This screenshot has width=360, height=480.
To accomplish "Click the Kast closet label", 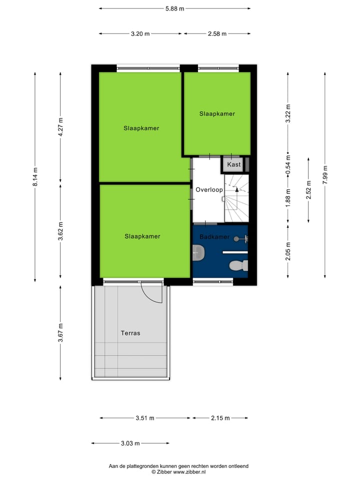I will [x=233, y=164].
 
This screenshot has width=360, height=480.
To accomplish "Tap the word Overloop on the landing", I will [x=209, y=190].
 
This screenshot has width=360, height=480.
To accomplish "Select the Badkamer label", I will [x=214, y=236].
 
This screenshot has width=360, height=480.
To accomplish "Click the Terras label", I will [x=130, y=333].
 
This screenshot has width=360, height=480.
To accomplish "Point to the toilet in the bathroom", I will [x=237, y=265].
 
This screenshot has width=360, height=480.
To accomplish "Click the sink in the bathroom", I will [x=198, y=253].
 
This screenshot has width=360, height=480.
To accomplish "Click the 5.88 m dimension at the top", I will [x=174, y=8].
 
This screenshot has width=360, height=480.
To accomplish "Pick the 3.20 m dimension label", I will [x=140, y=34].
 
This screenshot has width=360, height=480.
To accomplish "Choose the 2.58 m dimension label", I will [x=217, y=34].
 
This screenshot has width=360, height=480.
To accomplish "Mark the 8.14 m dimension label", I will [x=35, y=176].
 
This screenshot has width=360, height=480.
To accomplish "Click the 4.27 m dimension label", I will [x=60, y=127].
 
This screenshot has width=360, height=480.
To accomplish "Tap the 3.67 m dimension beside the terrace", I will [x=60, y=333].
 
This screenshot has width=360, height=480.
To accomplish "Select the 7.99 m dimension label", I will [x=325, y=175].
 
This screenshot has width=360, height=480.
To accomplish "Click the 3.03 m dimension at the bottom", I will [x=130, y=443].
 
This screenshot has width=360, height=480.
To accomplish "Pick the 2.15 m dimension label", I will [x=220, y=418].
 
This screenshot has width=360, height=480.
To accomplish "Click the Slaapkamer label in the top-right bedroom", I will [x=217, y=114].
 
